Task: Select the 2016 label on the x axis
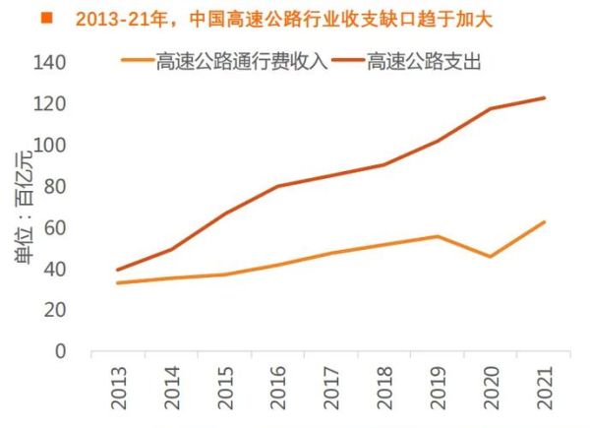tap(278, 389)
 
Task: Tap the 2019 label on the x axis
tap(438, 389)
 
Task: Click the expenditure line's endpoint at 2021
tap(544, 97)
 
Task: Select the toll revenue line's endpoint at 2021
tap(544, 221)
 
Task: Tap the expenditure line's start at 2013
tap(118, 270)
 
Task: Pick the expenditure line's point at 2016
tap(278, 186)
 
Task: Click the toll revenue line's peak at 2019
tap(438, 236)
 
